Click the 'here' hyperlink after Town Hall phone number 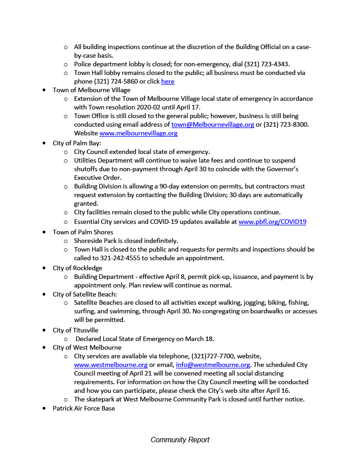(x=168, y=82)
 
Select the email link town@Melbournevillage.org (x=212, y=124)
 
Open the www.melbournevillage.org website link (x=138, y=134)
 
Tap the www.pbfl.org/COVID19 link (x=272, y=222)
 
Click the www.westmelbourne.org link (x=110, y=365)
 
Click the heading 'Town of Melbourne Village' (x=91, y=90)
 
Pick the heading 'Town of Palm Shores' (x=83, y=232)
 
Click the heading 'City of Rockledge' (x=77, y=268)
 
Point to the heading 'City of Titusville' (x=75, y=330)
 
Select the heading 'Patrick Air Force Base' (x=84, y=408)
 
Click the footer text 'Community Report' (x=180, y=440)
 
